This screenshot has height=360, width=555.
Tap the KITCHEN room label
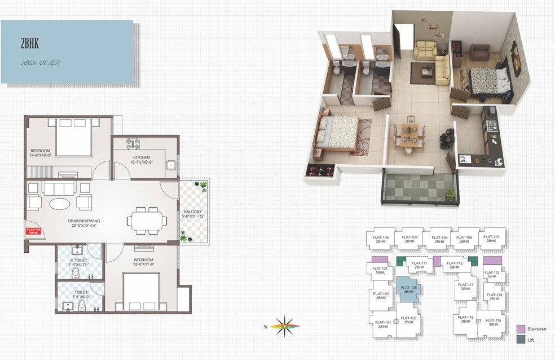tap(141, 157)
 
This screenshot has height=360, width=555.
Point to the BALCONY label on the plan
tap(192, 212)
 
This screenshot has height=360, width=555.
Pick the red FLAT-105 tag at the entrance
tap(34, 230)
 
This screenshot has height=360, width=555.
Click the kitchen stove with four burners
tap(133, 143)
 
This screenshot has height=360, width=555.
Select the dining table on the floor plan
tap(146, 220)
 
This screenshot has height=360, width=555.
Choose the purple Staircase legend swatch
tap(521, 329)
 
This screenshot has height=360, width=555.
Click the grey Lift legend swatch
tap(521, 340)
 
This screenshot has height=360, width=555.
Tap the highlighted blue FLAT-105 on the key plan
tap(409, 289)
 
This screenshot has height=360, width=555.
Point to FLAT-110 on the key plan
tap(491, 239)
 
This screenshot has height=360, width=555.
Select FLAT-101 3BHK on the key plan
tap(383, 324)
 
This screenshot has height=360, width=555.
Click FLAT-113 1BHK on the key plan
tap(492, 275)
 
